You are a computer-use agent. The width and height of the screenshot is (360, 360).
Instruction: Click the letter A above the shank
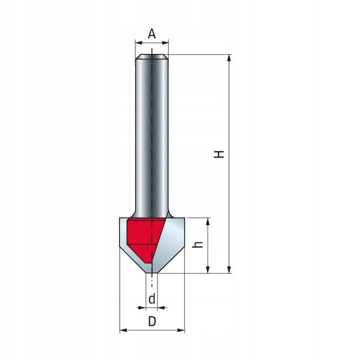(x=152, y=34)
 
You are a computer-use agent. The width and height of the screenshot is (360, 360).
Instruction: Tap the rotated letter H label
(x=219, y=154)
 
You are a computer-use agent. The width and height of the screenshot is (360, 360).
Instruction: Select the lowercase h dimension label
(x=198, y=244)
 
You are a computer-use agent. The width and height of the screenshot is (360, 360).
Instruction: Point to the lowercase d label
(x=152, y=299)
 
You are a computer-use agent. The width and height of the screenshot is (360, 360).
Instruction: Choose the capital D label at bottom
(x=152, y=321)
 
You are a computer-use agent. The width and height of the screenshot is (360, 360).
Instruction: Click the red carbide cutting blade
(x=144, y=239)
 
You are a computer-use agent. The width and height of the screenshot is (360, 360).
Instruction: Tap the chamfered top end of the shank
(x=152, y=57)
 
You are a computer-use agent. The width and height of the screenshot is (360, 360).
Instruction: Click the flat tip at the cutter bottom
(x=152, y=273)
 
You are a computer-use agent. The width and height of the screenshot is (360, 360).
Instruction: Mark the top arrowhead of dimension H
(x=229, y=58)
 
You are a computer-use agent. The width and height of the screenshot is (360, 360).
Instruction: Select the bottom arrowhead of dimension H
(x=229, y=270)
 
